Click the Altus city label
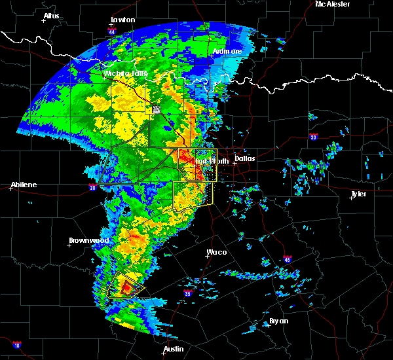51,16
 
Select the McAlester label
332,4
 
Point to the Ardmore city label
227,51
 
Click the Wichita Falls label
125,73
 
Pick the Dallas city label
245,158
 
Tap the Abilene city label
24,185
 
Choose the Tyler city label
358,194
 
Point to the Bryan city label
279,321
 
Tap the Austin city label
174,349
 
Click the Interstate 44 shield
112,31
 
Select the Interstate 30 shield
314,137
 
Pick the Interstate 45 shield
287,259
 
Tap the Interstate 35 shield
189,293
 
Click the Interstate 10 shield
17,345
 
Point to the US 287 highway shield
156,110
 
